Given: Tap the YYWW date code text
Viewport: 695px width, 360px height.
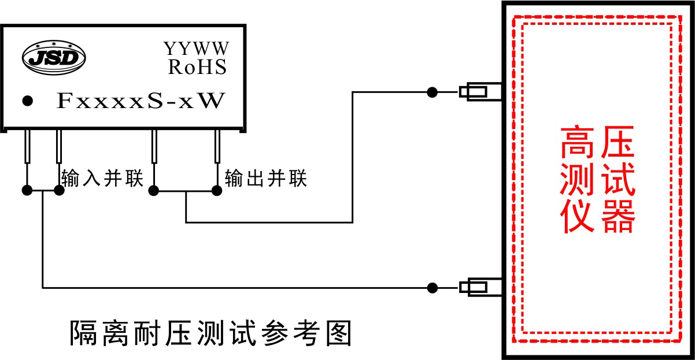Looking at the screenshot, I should (x=196, y=48).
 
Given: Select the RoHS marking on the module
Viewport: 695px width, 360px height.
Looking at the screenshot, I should (x=197, y=67).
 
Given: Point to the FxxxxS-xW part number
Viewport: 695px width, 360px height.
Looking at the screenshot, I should (x=140, y=101).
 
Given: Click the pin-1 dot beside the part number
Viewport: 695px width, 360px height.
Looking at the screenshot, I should (x=27, y=101).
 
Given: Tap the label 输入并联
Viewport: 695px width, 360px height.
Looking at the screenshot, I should (x=102, y=179).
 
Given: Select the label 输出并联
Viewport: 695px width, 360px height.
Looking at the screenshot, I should (x=266, y=179).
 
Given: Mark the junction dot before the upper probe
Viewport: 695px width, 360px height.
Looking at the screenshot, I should (x=431, y=92).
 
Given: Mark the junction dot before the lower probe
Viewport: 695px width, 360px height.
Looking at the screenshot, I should (x=431, y=287).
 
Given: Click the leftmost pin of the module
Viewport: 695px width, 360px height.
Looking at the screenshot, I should (x=27, y=147).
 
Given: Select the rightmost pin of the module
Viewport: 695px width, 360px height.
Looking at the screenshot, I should (x=217, y=147).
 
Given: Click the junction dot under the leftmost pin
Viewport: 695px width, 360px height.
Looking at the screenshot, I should (x=27, y=191).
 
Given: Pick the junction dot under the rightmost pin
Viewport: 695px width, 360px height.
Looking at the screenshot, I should (x=217, y=191).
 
